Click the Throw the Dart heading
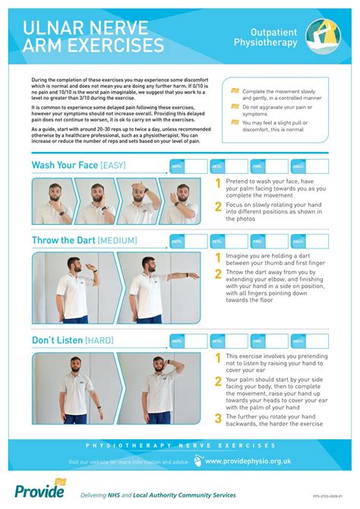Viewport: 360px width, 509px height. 63,241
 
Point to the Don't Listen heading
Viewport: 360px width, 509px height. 57,340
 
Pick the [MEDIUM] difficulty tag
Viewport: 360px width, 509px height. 118,242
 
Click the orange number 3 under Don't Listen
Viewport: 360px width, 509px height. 218,418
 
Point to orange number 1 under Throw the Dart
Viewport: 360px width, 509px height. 218,258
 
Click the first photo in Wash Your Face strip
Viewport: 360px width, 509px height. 52,201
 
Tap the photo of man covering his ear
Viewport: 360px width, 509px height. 159,388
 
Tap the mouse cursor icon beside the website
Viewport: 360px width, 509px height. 199,460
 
